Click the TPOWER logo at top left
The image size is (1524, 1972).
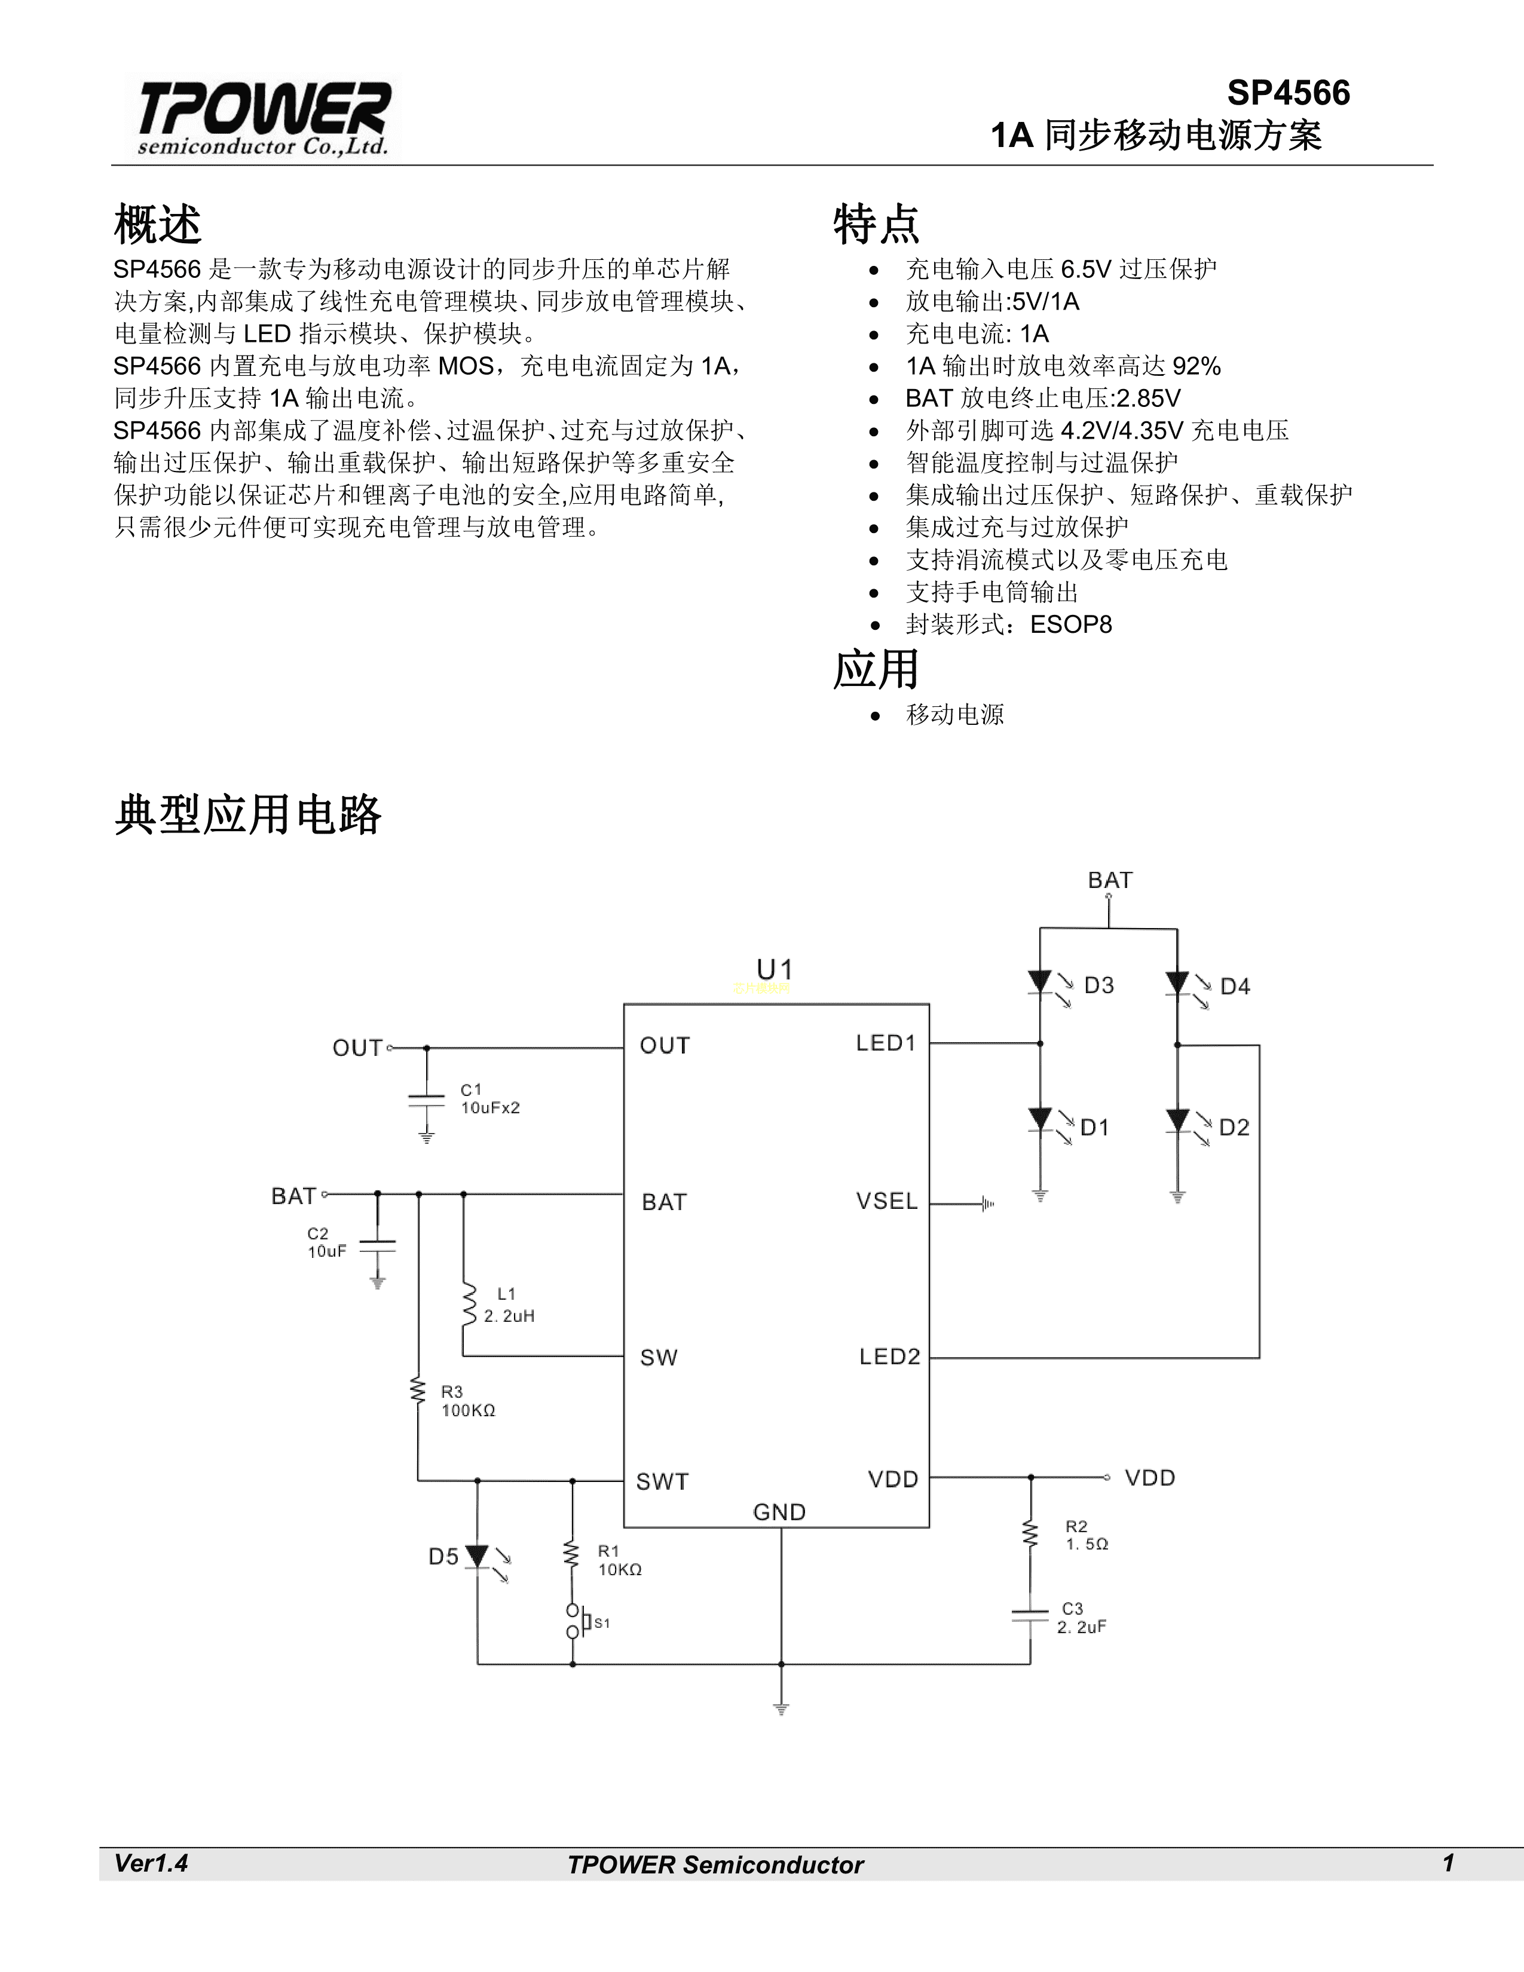pos(264,117)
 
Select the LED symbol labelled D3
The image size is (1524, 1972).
pos(1041,983)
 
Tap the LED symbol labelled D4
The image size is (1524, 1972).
pos(1177,983)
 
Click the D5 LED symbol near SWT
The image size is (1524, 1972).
pos(478,1557)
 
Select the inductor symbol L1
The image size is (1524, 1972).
pos(468,1304)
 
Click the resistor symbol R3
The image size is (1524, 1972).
pos(418,1391)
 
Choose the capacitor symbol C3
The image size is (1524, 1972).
pos(1030,1615)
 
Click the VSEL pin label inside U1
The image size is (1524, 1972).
pos(886,1202)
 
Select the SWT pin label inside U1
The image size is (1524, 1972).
pos(663,1482)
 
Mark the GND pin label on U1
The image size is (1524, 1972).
pos(779,1512)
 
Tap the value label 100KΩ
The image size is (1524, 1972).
pos(469,1410)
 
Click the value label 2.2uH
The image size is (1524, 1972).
pos(509,1316)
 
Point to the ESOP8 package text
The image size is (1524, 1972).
pos(1071,625)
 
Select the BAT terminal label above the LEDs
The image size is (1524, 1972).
pos(1110,880)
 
